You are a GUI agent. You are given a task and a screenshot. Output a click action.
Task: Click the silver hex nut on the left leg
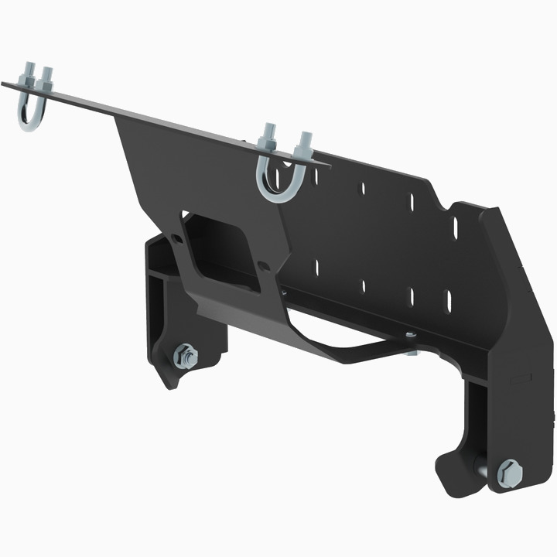pyautogui.click(x=186, y=357)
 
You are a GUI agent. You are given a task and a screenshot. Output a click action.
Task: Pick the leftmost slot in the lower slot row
pyautogui.click(x=316, y=267)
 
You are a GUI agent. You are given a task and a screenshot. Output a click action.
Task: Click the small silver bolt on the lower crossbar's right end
pyautogui.click(x=410, y=335)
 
